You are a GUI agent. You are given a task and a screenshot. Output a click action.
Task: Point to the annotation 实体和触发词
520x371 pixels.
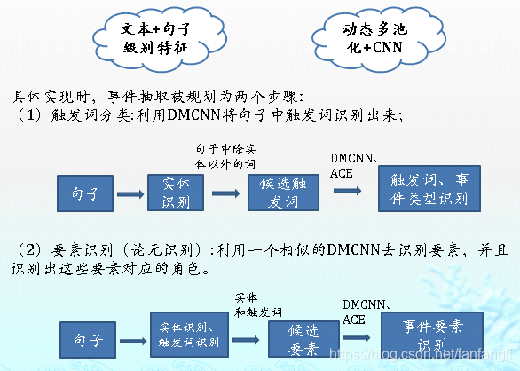point(258,304)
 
